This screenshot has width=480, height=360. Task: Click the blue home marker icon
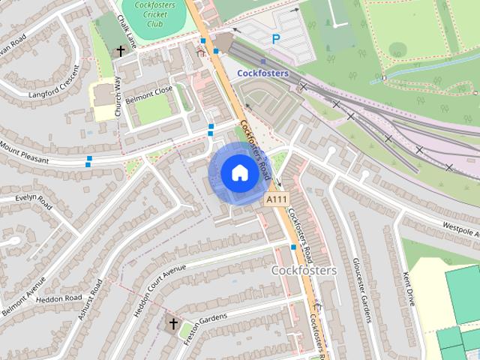coord(239,173)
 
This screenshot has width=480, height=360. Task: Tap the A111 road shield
coord(275,199)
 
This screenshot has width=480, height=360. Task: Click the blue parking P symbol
coord(276,39)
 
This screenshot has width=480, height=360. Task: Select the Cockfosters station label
coord(263,73)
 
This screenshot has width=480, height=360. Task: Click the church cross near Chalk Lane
coord(120,51)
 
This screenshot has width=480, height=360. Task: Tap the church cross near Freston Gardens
coord(173,324)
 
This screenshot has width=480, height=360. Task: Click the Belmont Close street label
coord(148,94)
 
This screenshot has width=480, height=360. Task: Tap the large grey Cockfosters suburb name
coord(304,269)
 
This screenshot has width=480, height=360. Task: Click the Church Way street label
coord(118,97)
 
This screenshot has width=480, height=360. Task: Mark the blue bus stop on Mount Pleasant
coord(89,159)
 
